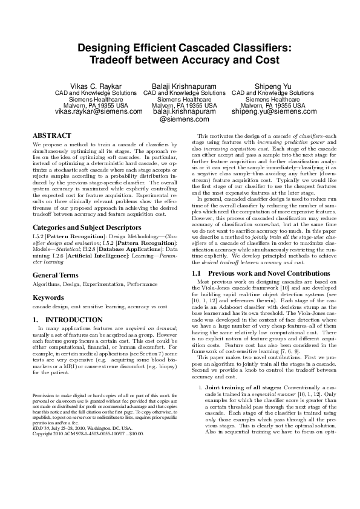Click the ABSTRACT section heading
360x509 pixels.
coord(51,135)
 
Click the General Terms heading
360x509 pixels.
coord(59,275)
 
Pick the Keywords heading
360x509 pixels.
coord(48,297)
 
